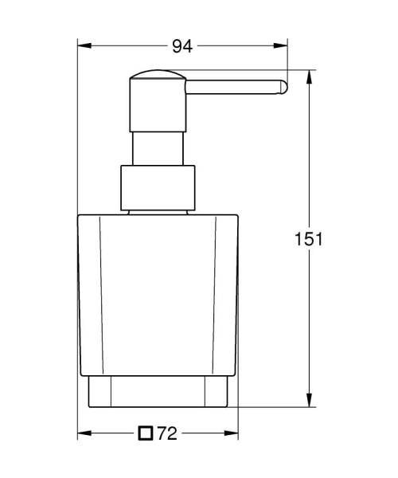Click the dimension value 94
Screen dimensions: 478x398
183,46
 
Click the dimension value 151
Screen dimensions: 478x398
308,239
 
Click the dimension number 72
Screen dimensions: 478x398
166,433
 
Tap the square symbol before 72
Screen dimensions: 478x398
144,433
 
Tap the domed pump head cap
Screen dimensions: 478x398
157,84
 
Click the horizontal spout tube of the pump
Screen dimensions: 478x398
231,88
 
